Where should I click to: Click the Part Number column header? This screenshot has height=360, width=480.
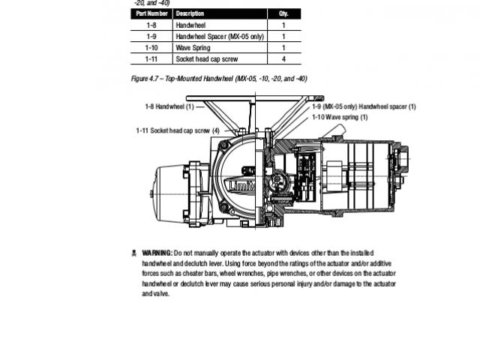pos(151,13)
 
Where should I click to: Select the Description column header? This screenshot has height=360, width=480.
pos(190,13)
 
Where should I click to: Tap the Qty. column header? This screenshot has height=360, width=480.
pos(283,13)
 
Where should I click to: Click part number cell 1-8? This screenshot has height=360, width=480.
pos(151,25)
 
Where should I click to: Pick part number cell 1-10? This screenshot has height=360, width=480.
pos(151,47)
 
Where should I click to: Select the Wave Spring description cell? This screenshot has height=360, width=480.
pos(193,47)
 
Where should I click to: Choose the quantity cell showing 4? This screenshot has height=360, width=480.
pos(283,58)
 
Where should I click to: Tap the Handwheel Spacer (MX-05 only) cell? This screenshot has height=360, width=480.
pos(219,36)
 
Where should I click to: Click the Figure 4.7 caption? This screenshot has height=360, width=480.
pos(219,78)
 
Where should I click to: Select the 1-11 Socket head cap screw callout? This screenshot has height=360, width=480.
pos(178,130)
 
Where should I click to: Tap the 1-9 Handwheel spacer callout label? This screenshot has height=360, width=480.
pos(364,106)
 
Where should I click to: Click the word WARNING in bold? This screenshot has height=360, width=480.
pos(157,253)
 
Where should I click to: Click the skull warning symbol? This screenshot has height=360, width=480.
pos(133,253)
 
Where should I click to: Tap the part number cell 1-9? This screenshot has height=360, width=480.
pos(151,36)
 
